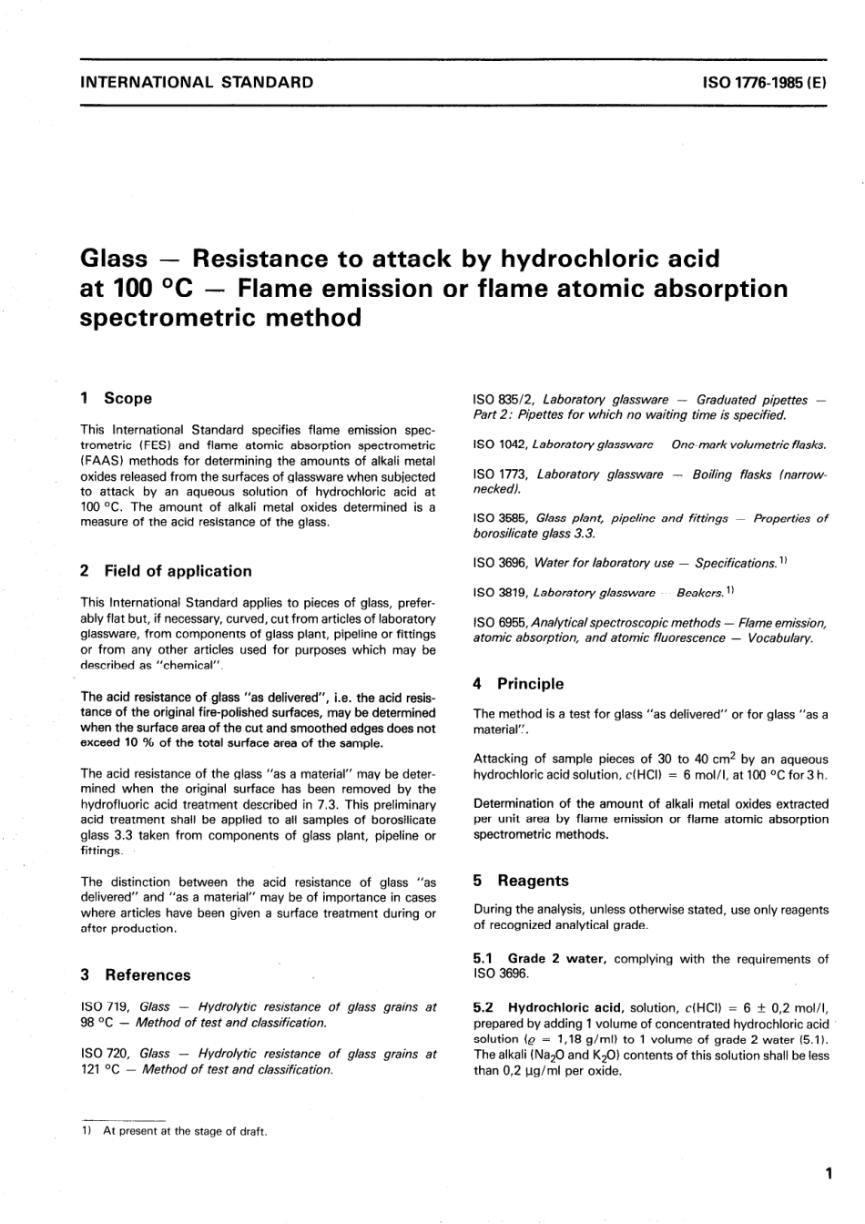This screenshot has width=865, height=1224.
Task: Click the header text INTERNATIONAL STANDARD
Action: (x=197, y=82)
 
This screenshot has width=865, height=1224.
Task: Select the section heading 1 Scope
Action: (x=117, y=398)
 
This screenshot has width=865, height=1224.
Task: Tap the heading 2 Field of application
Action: (x=166, y=571)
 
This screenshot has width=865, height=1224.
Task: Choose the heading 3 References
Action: (x=136, y=974)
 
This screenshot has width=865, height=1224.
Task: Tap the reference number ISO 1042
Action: (x=499, y=444)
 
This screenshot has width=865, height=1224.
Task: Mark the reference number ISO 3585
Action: (x=500, y=518)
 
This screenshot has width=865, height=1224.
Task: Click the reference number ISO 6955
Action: (x=500, y=623)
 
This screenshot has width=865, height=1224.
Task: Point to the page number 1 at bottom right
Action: (x=829, y=1175)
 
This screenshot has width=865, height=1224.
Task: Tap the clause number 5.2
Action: (x=483, y=1008)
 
